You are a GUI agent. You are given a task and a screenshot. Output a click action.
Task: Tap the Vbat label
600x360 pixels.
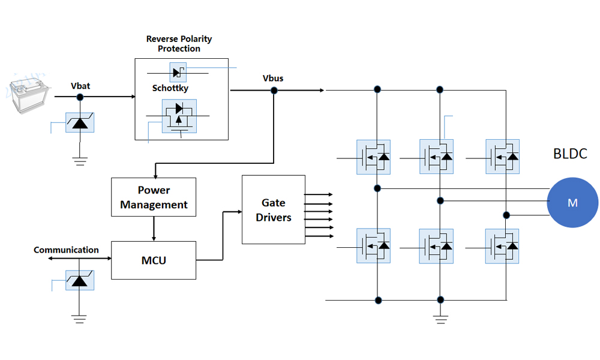(80, 86)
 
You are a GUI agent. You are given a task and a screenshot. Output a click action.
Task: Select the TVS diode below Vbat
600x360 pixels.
(80, 122)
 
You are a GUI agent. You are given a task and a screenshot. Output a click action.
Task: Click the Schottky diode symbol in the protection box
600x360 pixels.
(178, 73)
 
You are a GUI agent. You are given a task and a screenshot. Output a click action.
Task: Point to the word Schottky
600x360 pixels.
(170, 88)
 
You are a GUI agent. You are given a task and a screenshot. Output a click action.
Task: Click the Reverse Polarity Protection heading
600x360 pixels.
(179, 43)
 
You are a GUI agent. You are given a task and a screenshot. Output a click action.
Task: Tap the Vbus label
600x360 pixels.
(273, 79)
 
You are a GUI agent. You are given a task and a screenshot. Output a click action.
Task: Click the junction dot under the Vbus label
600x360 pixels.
(274, 91)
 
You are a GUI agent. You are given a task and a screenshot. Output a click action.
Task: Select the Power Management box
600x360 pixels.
(154, 197)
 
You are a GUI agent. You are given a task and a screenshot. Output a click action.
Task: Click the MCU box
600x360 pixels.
(154, 260)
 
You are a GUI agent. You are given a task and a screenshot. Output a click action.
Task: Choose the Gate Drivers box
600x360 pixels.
(273, 210)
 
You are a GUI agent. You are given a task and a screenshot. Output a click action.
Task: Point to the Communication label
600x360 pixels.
(66, 250)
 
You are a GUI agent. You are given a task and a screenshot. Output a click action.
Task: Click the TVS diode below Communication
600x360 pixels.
(79, 280)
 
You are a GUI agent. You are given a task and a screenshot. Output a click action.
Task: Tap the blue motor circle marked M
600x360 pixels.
(572, 202)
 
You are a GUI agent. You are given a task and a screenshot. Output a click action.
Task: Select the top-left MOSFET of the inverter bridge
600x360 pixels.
(373, 157)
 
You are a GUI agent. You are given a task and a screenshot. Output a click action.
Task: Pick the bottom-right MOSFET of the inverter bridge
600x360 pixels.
(502, 246)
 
